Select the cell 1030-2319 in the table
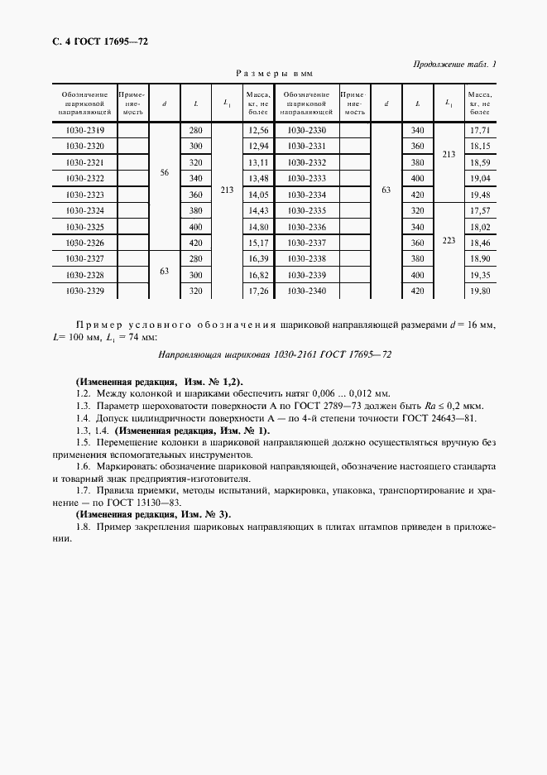coord(84,131)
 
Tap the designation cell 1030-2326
coord(84,243)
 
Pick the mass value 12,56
coord(259,131)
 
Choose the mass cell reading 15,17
coord(259,243)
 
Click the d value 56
coord(164,171)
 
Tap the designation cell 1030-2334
coord(306,195)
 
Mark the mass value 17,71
coord(480,131)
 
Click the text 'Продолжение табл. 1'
coord(453,65)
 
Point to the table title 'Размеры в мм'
coord(271,73)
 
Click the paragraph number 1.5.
coord(82,443)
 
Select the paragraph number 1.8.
coord(82,527)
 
